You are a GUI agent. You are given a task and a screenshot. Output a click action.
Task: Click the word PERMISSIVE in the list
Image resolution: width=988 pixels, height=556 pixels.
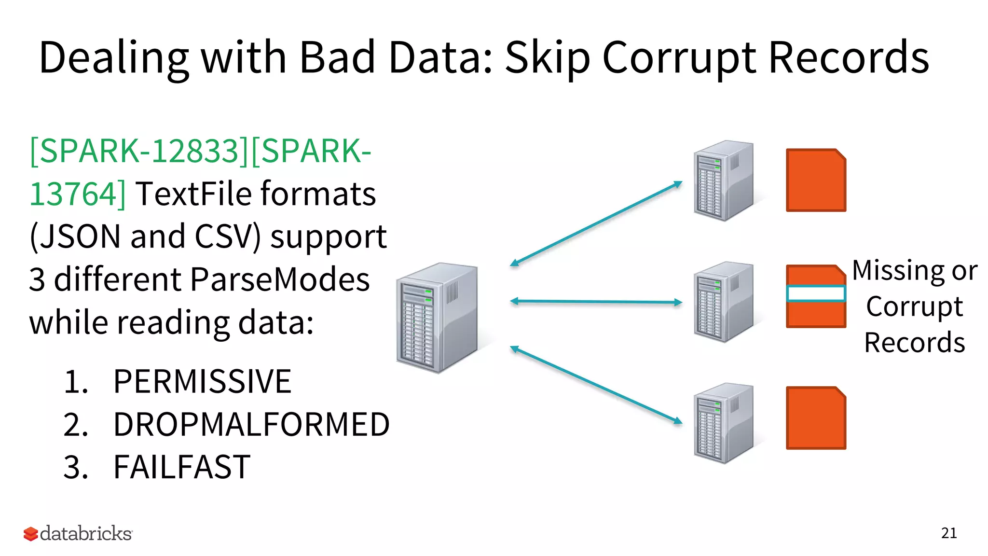pyautogui.click(x=202, y=382)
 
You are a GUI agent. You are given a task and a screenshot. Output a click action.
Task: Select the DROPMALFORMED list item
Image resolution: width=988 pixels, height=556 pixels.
pyautogui.click(x=251, y=425)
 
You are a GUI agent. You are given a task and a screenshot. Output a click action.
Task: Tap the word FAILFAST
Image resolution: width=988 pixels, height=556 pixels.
pyautogui.click(x=182, y=467)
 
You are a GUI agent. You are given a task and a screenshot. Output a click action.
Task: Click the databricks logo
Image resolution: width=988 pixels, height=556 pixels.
pyautogui.click(x=78, y=533)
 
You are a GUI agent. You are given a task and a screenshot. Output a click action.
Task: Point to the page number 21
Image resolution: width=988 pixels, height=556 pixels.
pyautogui.click(x=948, y=533)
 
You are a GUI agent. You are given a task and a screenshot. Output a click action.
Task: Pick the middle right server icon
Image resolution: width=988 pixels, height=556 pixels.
pyautogui.click(x=723, y=302)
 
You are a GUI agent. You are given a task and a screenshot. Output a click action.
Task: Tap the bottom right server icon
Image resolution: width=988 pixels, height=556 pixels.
pyautogui.click(x=723, y=423)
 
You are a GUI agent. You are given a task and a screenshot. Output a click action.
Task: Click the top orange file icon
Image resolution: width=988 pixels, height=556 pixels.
pyautogui.click(x=816, y=180)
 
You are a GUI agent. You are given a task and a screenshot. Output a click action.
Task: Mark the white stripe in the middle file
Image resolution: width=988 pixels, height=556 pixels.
pyautogui.click(x=816, y=293)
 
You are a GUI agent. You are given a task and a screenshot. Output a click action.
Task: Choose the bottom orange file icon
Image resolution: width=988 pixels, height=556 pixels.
pyautogui.click(x=816, y=418)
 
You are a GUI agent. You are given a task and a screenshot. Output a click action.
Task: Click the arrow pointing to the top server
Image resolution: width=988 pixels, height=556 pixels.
pyautogui.click(x=596, y=223)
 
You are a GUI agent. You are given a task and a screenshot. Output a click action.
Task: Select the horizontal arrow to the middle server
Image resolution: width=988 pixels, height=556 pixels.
pyautogui.click(x=596, y=302)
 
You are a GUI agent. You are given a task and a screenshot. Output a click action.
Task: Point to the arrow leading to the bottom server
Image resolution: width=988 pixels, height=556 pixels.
pyautogui.click(x=596, y=385)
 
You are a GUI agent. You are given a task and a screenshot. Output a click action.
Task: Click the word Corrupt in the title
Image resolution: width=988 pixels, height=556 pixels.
pyautogui.click(x=679, y=58)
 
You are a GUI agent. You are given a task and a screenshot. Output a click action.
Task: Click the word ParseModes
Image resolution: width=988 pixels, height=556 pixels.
pyautogui.click(x=280, y=279)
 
